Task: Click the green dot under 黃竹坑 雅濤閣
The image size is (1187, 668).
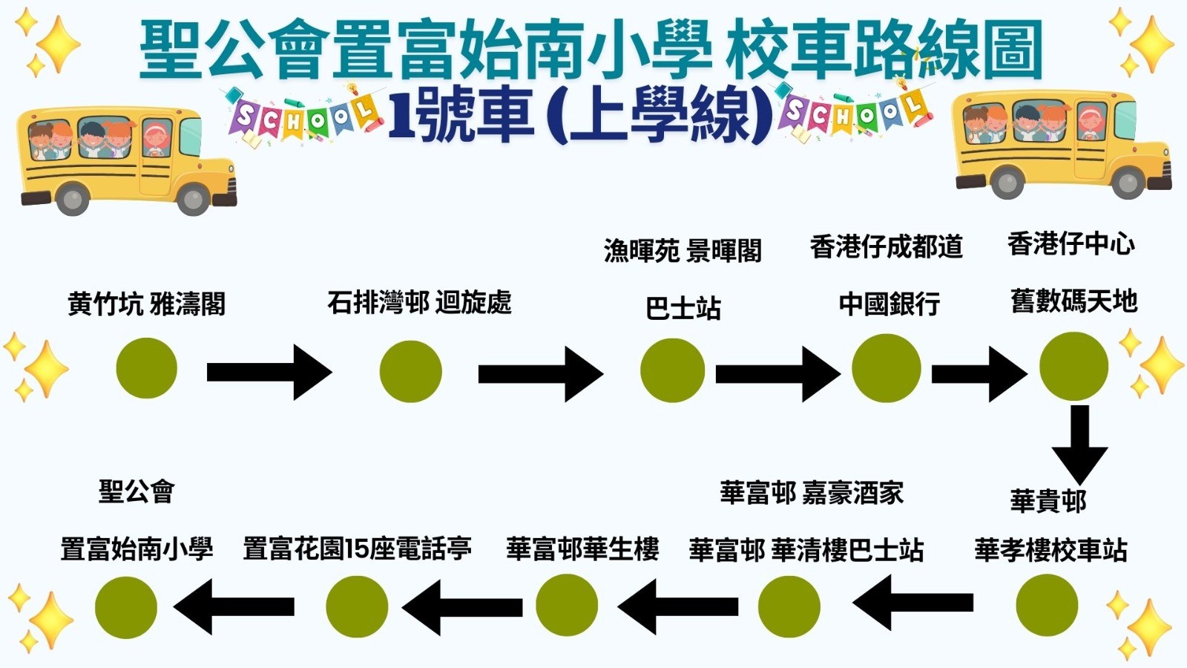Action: (x=147, y=368)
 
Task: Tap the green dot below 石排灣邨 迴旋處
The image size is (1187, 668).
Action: (x=410, y=371)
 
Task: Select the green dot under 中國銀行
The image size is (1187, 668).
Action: (x=886, y=368)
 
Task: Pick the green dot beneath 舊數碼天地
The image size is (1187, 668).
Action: (x=1073, y=367)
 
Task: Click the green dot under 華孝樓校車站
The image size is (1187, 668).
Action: (x=1046, y=605)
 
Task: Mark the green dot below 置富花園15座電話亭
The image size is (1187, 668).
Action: (x=357, y=606)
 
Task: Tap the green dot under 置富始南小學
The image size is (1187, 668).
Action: (x=126, y=607)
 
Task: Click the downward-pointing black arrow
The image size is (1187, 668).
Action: (x=1079, y=444)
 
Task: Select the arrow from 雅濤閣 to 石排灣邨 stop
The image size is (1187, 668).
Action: (x=269, y=372)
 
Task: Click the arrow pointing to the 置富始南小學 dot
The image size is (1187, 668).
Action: (x=234, y=606)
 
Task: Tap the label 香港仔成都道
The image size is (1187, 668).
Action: (x=886, y=246)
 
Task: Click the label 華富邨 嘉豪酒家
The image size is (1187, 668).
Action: (x=812, y=493)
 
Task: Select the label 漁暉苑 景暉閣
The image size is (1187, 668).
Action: (x=683, y=251)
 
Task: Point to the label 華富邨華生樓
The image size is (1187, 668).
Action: (x=582, y=549)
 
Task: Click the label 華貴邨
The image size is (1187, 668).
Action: (x=1048, y=501)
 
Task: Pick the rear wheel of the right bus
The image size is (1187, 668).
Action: (x=1006, y=182)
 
